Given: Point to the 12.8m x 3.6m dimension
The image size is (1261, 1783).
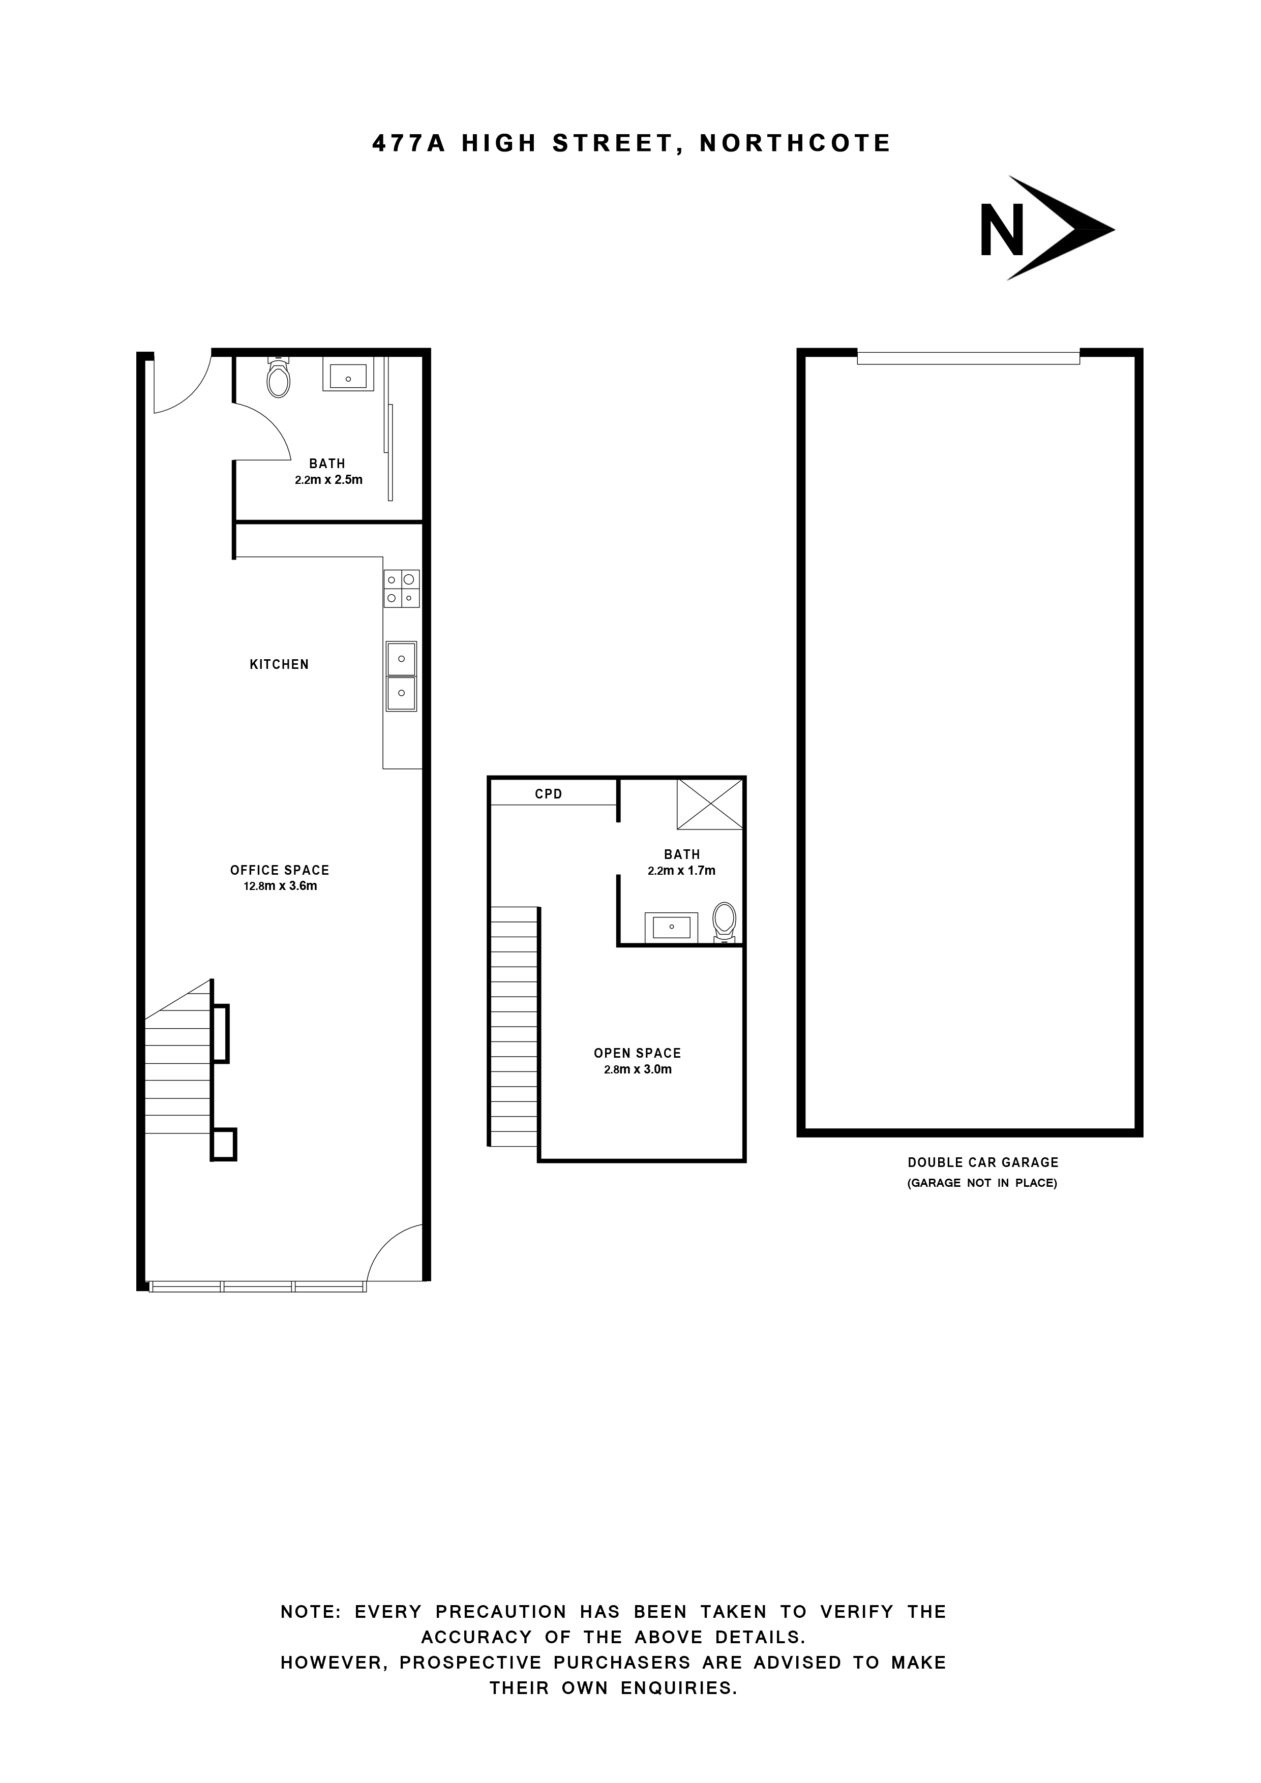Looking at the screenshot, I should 280,886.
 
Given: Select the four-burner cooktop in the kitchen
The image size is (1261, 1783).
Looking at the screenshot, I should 401,588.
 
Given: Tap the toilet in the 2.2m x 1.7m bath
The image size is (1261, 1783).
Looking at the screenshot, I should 724,921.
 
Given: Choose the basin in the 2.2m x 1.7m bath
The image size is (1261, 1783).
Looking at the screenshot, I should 671,927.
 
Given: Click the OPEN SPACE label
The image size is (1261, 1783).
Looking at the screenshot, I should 637,1053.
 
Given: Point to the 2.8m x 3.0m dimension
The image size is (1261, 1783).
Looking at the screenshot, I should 637,1069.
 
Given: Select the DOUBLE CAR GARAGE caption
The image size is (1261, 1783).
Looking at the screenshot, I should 983,1162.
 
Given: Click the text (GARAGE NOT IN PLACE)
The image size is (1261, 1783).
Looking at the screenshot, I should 983,1183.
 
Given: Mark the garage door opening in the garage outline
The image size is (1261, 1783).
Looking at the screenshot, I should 968,357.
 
